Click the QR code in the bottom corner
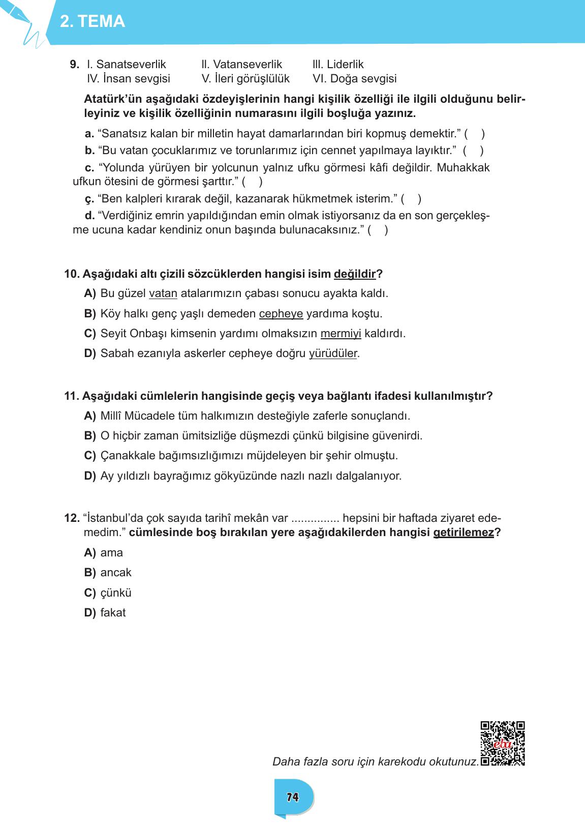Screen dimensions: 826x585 pos(503,743)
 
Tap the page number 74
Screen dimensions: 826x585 pos(292,798)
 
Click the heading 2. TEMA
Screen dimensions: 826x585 pos(93,21)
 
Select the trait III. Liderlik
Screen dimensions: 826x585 pos(338,65)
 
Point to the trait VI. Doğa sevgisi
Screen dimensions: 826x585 pos(355,79)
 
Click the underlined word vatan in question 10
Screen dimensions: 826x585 pos(163,293)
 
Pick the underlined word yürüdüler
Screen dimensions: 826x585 pos(333,353)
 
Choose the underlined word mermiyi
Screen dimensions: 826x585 pos(341,334)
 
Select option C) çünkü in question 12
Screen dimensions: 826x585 pos(108,593)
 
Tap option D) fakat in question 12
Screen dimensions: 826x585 pos(105,613)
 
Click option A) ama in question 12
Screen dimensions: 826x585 pos(104,553)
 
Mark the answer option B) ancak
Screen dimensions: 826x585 pos(108,573)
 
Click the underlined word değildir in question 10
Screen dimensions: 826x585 pos(355,274)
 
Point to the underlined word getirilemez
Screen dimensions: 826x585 pos(463,533)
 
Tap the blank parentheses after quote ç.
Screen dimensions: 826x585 pos(411,199)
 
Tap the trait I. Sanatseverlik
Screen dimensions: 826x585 pos(127,65)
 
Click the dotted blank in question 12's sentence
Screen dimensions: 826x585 pos(315,519)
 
